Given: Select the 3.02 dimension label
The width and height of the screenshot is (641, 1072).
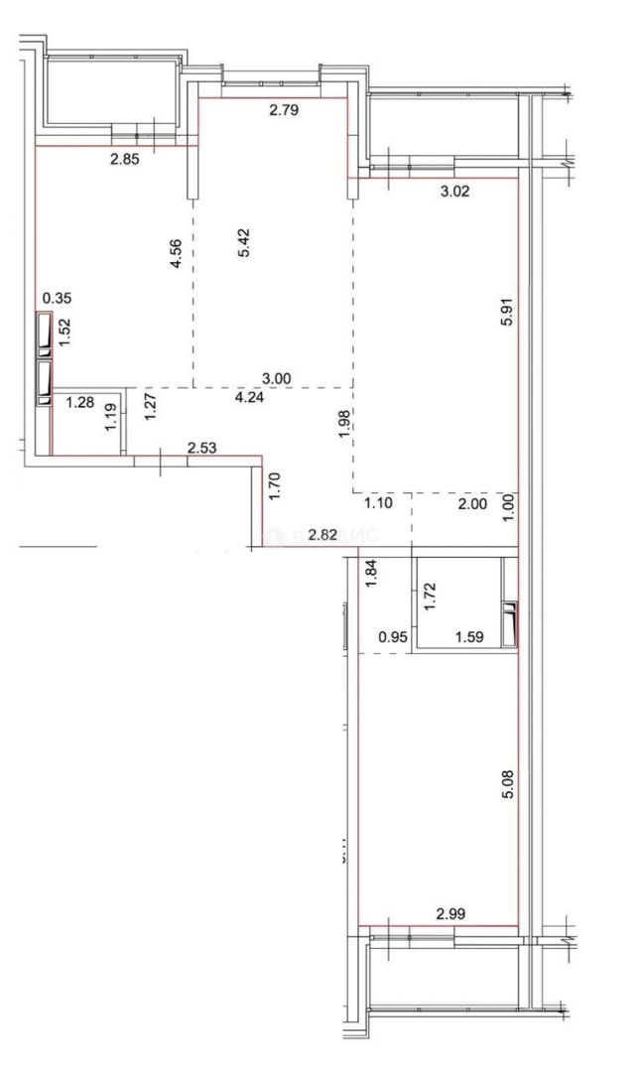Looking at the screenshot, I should pos(453,193).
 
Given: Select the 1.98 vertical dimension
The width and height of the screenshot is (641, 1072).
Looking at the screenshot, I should pos(342,424).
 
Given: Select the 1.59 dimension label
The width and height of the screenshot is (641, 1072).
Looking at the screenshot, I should pos(468,638).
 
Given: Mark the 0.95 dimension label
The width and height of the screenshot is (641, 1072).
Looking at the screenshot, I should pos(395,638).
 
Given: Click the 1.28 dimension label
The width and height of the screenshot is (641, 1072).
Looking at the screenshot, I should pos(78,402).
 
